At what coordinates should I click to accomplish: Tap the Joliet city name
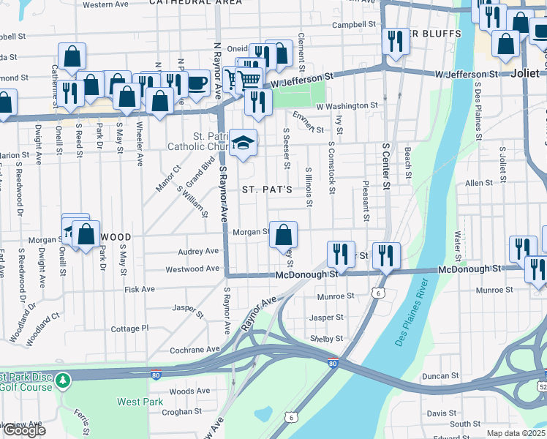point(525,74)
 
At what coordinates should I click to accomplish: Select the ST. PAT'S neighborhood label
point(267,190)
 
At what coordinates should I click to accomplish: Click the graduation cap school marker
point(242,143)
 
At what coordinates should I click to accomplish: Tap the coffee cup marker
point(196,83)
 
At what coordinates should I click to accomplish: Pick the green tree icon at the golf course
point(64,380)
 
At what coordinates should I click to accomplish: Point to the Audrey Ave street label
point(198,251)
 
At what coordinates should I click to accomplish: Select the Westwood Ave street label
point(192,269)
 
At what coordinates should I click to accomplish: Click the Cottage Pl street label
point(129,329)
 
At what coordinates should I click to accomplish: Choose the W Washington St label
point(347,106)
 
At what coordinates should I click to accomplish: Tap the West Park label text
point(139,402)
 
